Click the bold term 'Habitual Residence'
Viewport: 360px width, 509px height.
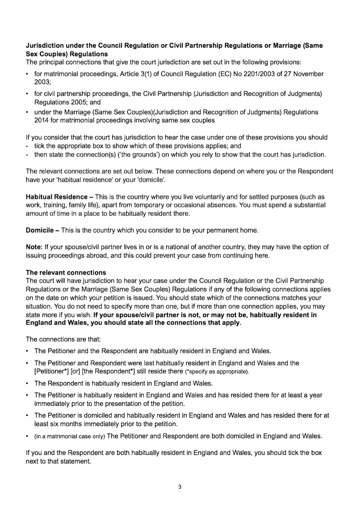pyautogui.click(x=57, y=197)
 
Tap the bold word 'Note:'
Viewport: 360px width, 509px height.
pyautogui.click(x=36, y=247)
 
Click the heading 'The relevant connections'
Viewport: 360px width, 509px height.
pyautogui.click(x=66, y=273)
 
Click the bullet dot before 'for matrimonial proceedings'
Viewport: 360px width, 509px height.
pyautogui.click(x=27, y=74)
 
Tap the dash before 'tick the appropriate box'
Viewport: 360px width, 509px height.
pyautogui.click(x=27, y=146)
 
